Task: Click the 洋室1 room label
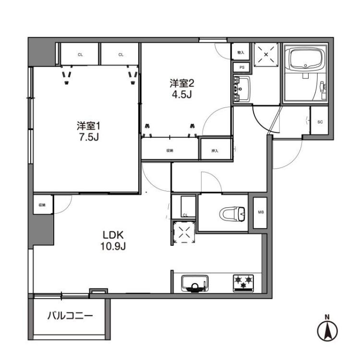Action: (88, 126)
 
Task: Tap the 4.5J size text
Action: (182, 94)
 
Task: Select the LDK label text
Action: (113, 235)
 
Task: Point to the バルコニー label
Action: (70, 316)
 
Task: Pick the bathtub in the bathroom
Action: (305, 60)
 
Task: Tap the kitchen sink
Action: (194, 283)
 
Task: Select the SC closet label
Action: (320, 122)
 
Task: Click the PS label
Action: (241, 68)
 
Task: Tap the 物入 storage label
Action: (241, 52)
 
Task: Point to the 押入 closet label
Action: (215, 151)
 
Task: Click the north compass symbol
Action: (328, 331)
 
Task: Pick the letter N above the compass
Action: (327, 316)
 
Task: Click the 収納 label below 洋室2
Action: (169, 151)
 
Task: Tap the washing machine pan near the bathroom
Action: (265, 54)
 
